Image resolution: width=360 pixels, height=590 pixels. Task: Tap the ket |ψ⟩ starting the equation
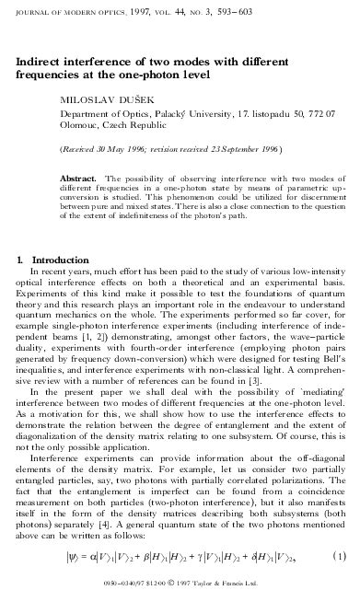(70, 558)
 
